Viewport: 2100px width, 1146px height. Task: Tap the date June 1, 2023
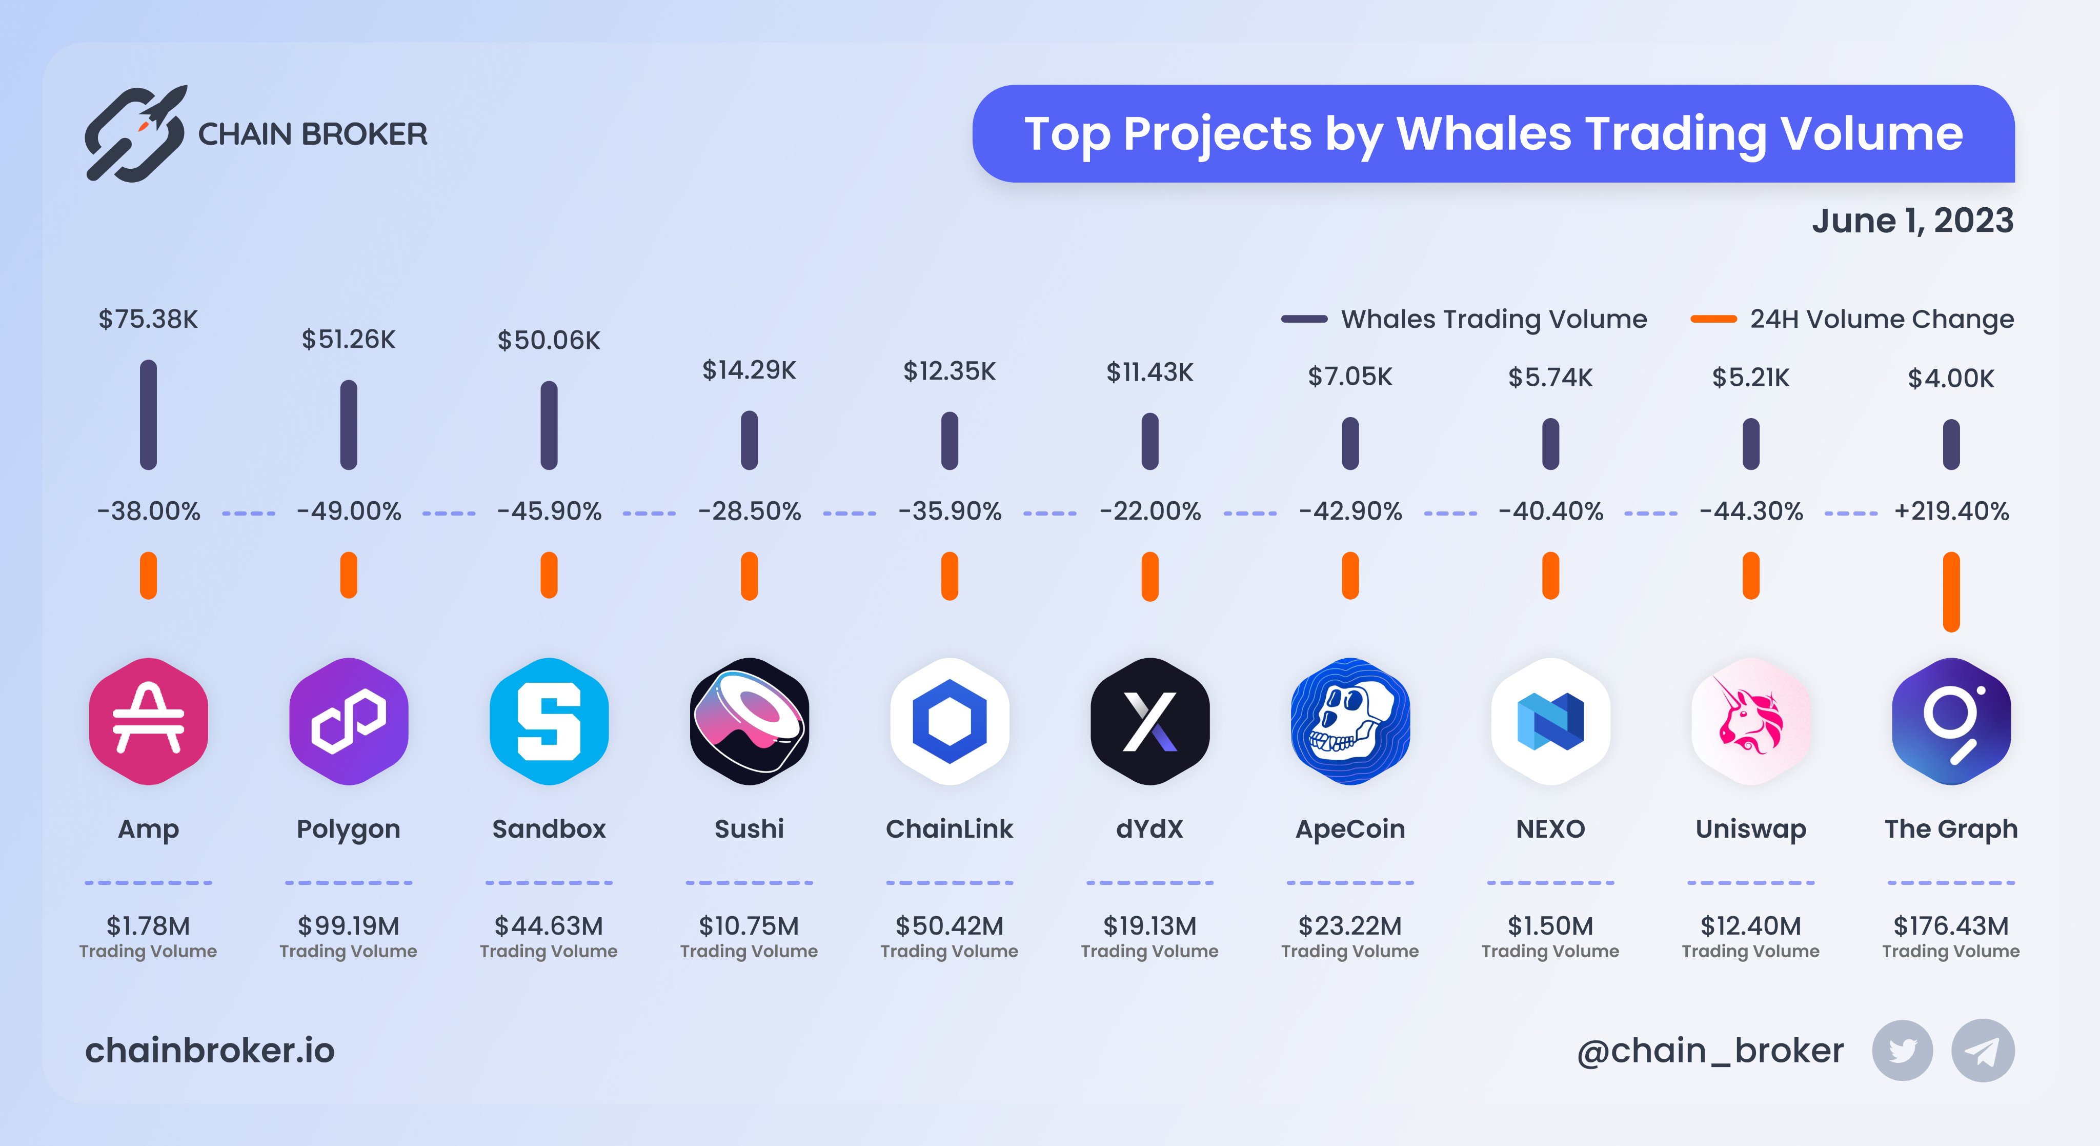pyautogui.click(x=1912, y=221)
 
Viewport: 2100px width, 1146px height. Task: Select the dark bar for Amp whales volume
pyautogui.click(x=148, y=414)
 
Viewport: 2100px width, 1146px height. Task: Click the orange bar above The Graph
pyautogui.click(x=1951, y=591)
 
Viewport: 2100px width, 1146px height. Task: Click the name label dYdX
pyautogui.click(x=1149, y=828)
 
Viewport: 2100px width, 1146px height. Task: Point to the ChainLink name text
pyautogui.click(x=949, y=828)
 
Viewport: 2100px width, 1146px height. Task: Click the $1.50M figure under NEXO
pyautogui.click(x=1550, y=926)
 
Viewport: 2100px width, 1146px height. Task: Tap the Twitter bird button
pyautogui.click(x=1902, y=1051)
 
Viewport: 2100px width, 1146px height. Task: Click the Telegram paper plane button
pyautogui.click(x=1982, y=1051)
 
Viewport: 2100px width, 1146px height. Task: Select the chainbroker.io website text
pyautogui.click(x=210, y=1051)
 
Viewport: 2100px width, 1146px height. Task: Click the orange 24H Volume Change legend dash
pyautogui.click(x=1713, y=319)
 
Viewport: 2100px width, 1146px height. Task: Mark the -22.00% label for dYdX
pyautogui.click(x=1149, y=511)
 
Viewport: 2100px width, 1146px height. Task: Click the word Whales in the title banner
pyautogui.click(x=1484, y=134)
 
